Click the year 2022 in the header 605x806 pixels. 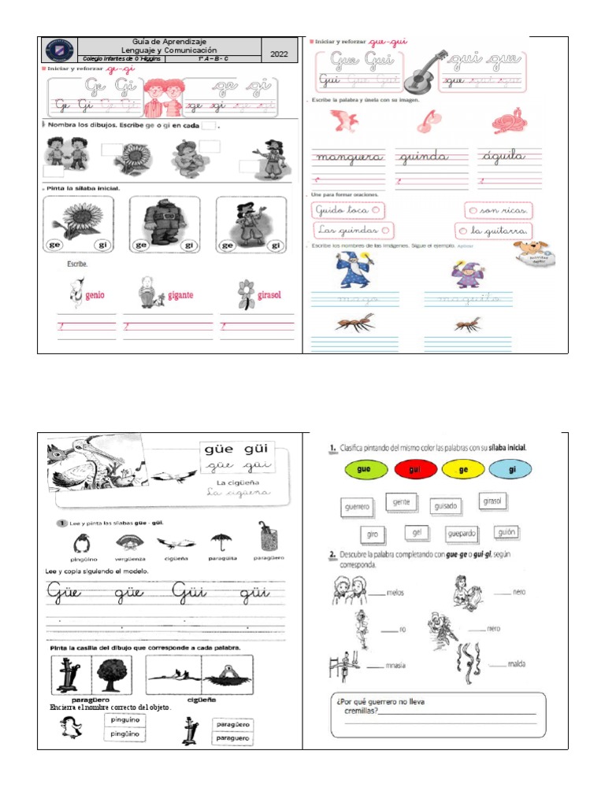click(280, 54)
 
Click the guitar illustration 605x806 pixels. click(425, 72)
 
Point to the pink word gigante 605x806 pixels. click(180, 295)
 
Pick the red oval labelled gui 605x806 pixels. click(418, 470)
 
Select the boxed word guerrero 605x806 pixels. click(357, 508)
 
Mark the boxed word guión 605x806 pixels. click(507, 532)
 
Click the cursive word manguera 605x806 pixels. click(349, 157)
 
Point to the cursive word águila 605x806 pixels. click(501, 157)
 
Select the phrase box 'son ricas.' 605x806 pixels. click(497, 210)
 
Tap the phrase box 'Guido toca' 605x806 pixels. click(347, 210)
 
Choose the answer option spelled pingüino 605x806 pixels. click(124, 734)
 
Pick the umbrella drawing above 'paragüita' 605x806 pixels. click(221, 541)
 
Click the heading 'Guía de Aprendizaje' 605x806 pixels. click(169, 41)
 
